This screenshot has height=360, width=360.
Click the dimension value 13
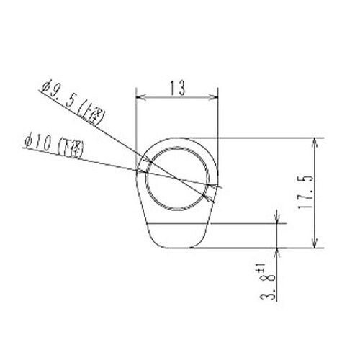[x=177, y=88]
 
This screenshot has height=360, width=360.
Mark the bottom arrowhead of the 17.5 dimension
[x=315, y=244]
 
